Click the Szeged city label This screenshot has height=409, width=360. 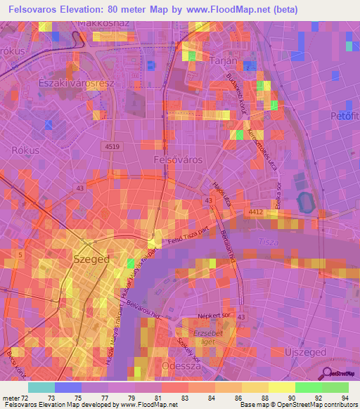91,259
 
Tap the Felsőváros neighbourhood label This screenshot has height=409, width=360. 178,160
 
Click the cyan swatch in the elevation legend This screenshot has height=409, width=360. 41,387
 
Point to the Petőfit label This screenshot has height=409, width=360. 345,115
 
